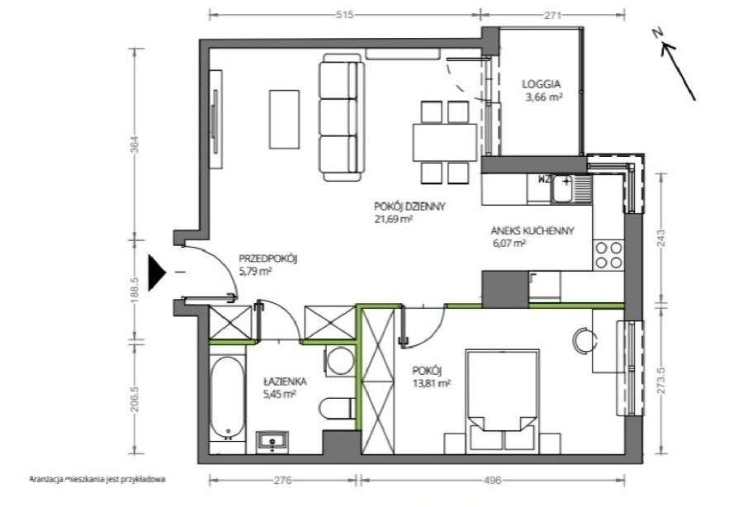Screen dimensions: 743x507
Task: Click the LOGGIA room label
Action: (541, 84)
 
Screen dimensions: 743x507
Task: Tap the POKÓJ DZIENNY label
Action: (409, 206)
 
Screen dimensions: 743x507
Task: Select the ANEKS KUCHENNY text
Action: (532, 230)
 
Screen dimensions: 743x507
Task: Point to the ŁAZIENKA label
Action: (286, 381)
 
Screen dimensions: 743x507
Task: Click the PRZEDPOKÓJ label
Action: (267, 258)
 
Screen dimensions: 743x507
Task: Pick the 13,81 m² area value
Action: (431, 383)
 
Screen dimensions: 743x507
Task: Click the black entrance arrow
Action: (157, 272)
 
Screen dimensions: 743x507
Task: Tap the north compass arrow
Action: (679, 70)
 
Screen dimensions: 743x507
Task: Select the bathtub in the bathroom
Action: (228, 399)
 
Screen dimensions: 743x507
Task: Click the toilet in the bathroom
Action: (337, 409)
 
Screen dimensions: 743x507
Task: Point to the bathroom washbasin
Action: (272, 441)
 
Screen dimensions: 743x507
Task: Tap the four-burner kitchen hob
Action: (608, 255)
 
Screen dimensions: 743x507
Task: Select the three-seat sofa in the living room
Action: (342, 117)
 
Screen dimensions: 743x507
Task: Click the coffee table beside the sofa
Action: (284, 120)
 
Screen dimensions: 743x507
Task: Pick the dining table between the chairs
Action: (444, 142)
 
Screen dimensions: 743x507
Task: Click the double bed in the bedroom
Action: (502, 401)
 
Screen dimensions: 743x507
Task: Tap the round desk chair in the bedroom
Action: (584, 339)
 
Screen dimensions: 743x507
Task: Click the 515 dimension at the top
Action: (344, 15)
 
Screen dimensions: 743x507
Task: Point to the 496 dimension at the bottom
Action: (492, 480)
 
